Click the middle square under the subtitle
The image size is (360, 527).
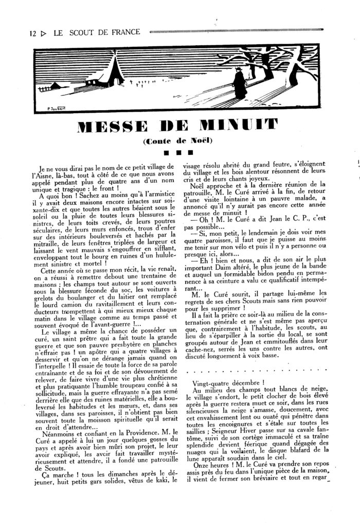pyautogui.click(x=177, y=152)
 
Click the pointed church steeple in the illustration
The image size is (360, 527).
pyautogui.click(x=112, y=70)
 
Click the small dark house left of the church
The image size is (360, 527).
pyautogui.click(x=91, y=82)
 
